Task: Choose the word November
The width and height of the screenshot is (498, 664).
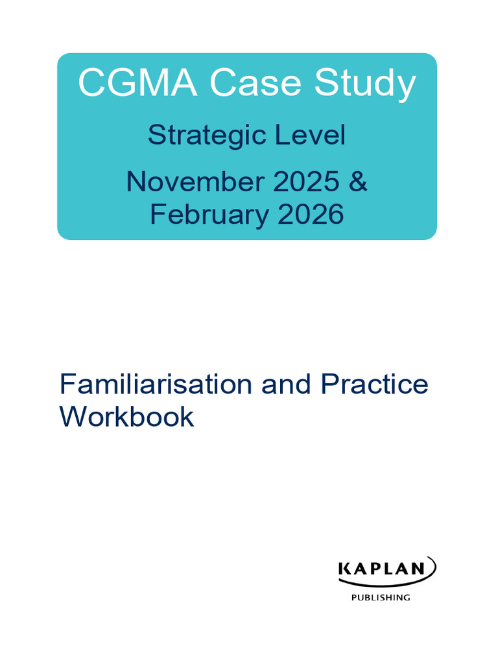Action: tap(195, 182)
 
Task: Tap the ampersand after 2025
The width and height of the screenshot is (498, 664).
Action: tap(358, 182)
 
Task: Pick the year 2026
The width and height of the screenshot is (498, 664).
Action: tap(310, 214)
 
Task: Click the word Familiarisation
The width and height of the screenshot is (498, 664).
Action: tap(156, 385)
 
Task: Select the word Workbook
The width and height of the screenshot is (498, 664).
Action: tap(126, 417)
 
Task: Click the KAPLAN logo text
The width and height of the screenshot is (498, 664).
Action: tap(381, 569)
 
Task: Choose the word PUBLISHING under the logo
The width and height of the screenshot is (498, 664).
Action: tap(381, 598)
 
